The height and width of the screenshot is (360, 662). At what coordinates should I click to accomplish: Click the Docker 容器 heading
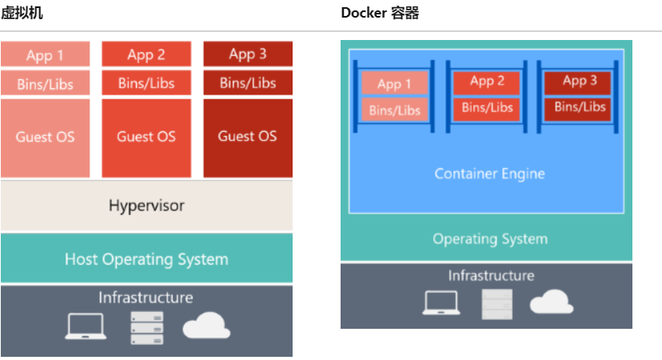point(380,13)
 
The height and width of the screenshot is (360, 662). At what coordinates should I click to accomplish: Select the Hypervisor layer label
point(146,206)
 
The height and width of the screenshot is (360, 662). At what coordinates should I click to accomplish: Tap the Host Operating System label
point(146,259)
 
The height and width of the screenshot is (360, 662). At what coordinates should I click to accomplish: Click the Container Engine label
point(489,174)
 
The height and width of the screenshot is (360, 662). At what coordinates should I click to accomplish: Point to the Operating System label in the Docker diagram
point(489,238)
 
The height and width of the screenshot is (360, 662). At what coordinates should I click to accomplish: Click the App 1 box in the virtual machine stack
point(45,55)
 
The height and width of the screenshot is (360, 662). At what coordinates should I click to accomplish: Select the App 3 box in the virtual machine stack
point(248,54)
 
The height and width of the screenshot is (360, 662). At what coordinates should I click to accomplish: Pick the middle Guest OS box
point(146,136)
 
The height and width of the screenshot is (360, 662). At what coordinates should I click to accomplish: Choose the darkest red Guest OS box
point(248,136)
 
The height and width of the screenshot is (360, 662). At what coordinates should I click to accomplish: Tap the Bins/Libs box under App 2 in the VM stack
point(146,83)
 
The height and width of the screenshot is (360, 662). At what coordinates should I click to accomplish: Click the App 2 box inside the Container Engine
point(487,82)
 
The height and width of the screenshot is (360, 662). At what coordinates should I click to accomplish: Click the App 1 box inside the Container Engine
point(394,84)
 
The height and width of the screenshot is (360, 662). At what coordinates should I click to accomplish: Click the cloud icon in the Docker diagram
point(551,302)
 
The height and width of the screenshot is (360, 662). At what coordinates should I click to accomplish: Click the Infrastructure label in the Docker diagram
point(490,275)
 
